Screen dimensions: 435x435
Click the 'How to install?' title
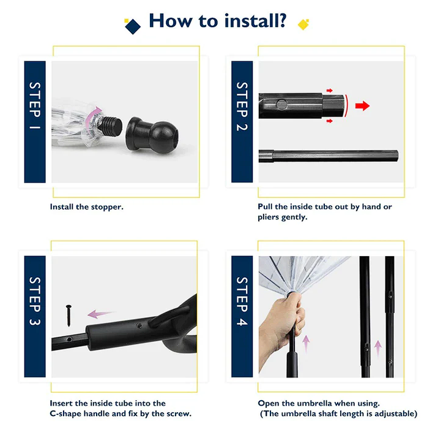click(x=218, y=21)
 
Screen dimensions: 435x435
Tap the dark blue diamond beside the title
click(x=133, y=26)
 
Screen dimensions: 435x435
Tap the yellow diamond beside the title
click(x=303, y=25)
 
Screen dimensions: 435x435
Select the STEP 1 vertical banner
click(x=35, y=122)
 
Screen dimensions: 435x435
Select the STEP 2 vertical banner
click(x=242, y=122)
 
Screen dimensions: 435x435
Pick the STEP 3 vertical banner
click(x=35, y=316)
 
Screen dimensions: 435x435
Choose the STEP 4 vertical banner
click(x=242, y=316)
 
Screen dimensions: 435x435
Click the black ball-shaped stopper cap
click(x=152, y=135)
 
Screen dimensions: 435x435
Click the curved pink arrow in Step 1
click(x=92, y=120)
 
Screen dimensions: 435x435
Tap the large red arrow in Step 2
click(x=362, y=105)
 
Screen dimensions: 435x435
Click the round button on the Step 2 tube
click(x=281, y=105)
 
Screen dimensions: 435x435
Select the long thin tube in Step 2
click(x=329, y=156)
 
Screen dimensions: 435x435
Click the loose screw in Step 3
click(x=69, y=316)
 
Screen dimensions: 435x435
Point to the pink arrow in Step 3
click(x=100, y=314)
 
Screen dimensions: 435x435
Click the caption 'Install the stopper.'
click(x=86, y=207)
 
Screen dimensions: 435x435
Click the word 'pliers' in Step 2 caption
click(x=268, y=217)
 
